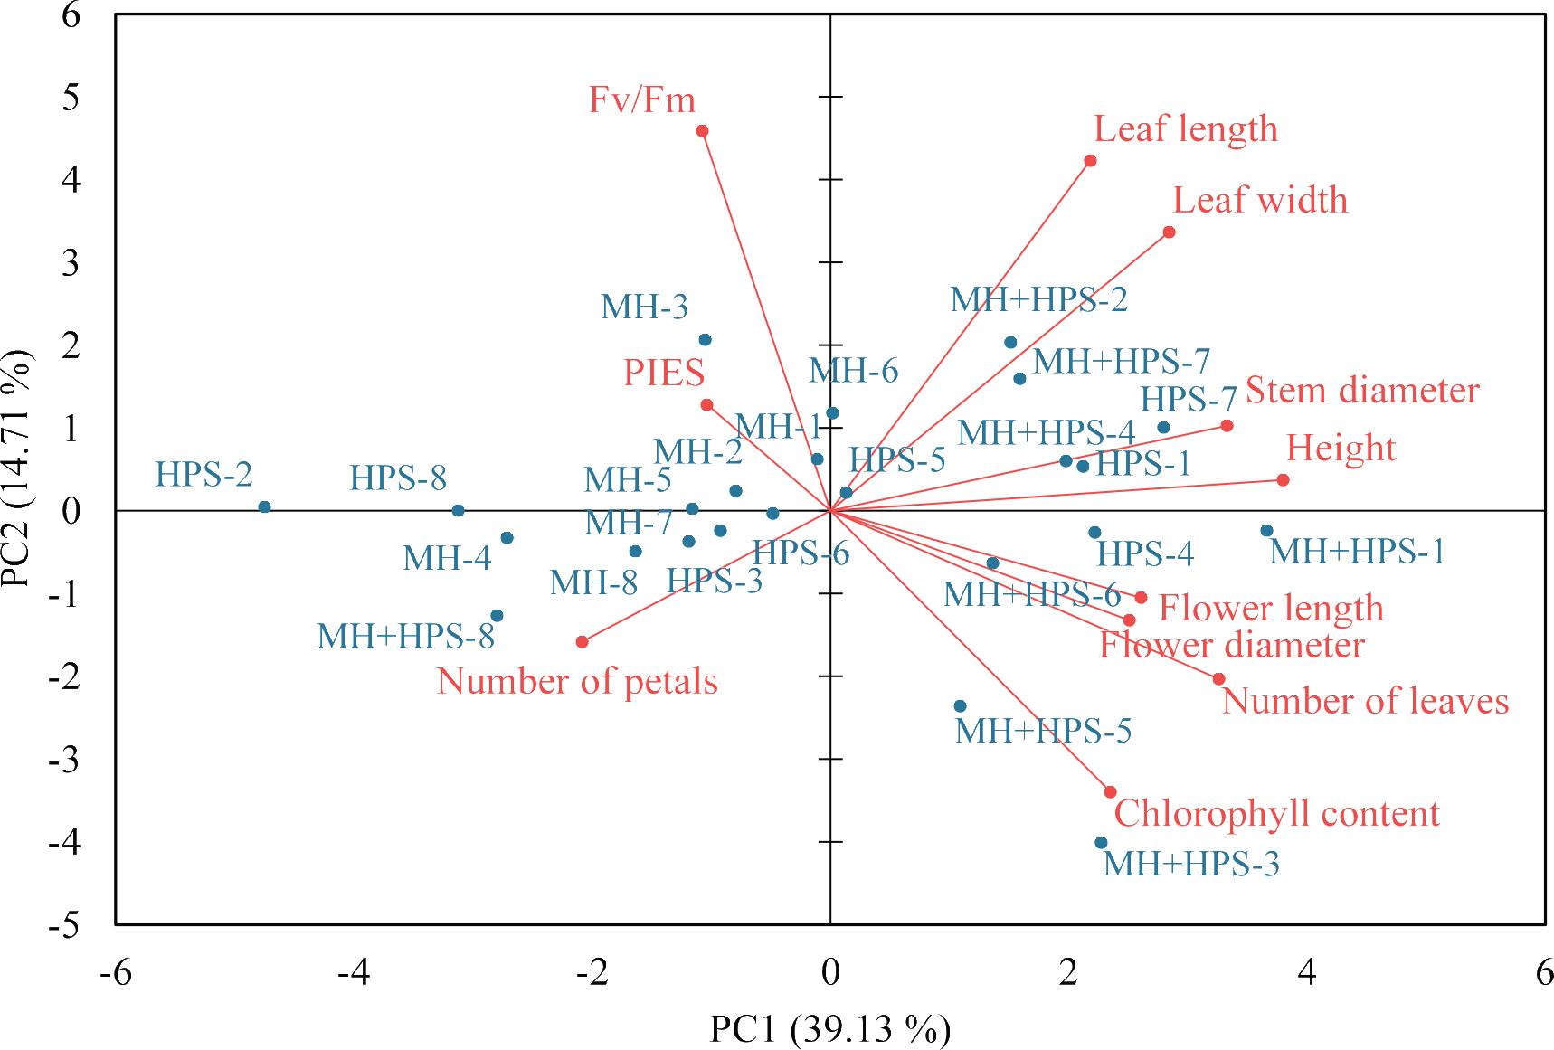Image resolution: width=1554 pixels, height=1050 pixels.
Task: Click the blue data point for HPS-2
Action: (264, 507)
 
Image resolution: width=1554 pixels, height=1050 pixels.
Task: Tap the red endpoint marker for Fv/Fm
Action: (702, 131)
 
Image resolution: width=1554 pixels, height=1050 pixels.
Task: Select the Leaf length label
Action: (1185, 129)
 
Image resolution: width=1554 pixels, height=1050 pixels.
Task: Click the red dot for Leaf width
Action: (1169, 232)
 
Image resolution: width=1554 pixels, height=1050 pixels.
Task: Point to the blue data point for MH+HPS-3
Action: (1101, 843)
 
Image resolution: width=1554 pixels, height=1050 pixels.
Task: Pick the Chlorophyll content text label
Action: (1275, 814)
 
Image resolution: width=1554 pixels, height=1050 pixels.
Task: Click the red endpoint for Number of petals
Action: (582, 642)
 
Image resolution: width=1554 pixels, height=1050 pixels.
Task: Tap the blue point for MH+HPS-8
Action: (496, 616)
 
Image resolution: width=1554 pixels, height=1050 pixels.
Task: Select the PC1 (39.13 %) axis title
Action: (829, 1030)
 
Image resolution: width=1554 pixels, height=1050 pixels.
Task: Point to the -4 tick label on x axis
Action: (353, 975)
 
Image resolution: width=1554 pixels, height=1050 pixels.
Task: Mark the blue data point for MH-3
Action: (705, 340)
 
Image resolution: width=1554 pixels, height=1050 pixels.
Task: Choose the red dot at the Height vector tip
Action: (1283, 480)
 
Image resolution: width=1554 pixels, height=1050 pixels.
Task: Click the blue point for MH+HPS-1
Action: (1266, 531)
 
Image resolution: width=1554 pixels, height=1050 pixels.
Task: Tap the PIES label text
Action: (664, 373)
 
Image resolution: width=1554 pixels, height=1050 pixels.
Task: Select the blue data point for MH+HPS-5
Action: (960, 706)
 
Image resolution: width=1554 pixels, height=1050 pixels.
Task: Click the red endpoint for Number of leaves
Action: (1218, 679)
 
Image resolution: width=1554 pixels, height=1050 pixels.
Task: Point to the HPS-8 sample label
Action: (398, 478)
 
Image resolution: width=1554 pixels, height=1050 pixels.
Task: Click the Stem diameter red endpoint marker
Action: (1227, 426)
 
